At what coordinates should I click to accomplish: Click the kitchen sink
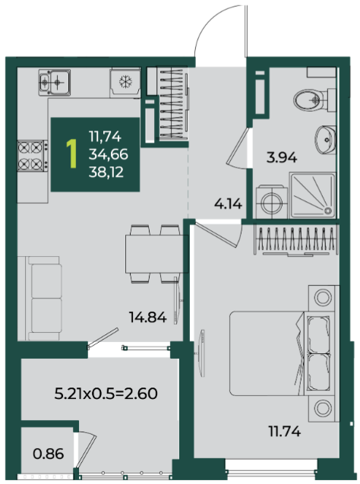click(x=55, y=82)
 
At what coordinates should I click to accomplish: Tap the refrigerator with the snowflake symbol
click(x=125, y=83)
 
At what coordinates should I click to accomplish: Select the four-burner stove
click(x=33, y=156)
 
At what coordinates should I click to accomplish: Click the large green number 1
click(x=72, y=153)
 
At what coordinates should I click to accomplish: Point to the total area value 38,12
click(x=106, y=172)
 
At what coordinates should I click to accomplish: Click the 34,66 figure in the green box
click(x=109, y=153)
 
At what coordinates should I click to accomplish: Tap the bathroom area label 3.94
click(x=282, y=158)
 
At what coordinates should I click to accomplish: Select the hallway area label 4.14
click(x=229, y=204)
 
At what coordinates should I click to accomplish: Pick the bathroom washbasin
click(x=325, y=140)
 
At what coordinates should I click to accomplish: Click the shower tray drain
click(x=327, y=210)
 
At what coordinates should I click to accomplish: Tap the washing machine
click(x=271, y=202)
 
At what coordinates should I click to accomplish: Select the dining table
click(x=156, y=254)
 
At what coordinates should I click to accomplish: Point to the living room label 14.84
click(x=148, y=317)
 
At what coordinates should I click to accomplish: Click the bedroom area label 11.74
click(x=285, y=432)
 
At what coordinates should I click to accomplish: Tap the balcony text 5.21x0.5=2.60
click(x=106, y=394)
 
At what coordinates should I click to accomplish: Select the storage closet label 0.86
click(x=49, y=454)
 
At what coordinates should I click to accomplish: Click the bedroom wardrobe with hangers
click(x=296, y=240)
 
